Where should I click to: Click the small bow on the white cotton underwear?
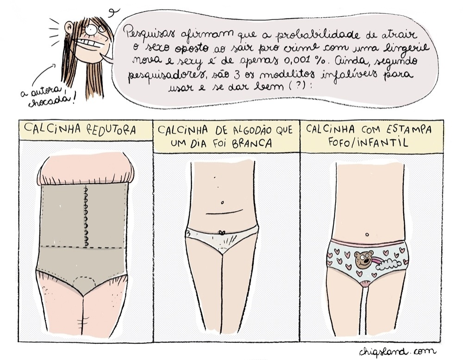[221, 233]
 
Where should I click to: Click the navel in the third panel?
[367, 235]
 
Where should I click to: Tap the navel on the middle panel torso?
[222, 203]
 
